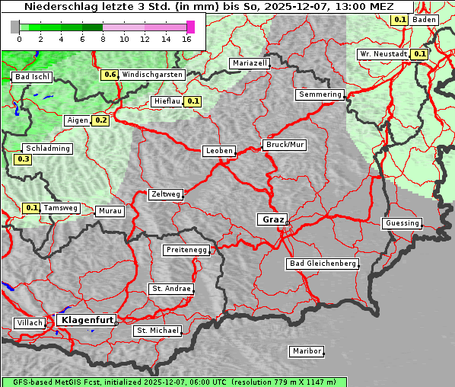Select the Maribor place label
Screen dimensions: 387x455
coord(307,351)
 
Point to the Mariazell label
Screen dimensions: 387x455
coord(250,63)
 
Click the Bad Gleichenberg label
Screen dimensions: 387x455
coord(322,264)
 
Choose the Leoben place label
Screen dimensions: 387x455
coord(218,151)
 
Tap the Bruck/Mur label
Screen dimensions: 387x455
coord(284,145)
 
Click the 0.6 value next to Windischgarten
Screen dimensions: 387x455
coord(110,75)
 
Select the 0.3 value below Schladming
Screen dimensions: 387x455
coord(23,159)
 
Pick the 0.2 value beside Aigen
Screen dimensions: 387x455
coord(100,120)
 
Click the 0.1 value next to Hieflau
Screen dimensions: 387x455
coord(192,101)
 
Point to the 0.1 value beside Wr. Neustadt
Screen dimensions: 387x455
coord(418,54)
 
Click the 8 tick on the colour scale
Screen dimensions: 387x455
coord(103,39)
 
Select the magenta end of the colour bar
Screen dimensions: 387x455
coord(190,27)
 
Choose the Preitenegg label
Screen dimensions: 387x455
coord(185,250)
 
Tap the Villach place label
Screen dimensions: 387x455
coord(29,323)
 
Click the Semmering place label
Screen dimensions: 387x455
coord(320,94)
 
